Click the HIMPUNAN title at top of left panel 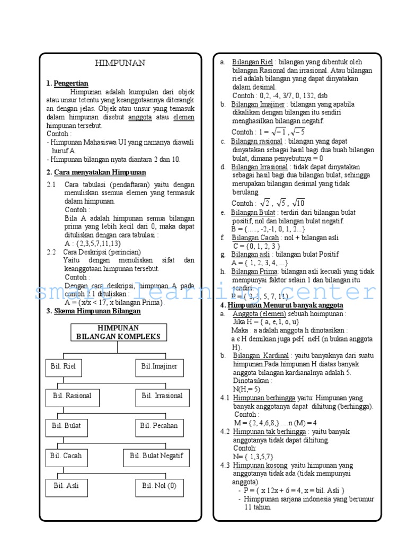tap(120, 63)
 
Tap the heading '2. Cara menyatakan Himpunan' tap(96, 172)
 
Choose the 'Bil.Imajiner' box tap(159, 366)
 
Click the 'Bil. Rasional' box tap(73, 396)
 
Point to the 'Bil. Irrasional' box tap(162, 396)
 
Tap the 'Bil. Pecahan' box tap(158, 426)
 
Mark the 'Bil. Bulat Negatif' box tap(156, 456)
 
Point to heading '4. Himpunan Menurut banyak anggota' tap(281, 305)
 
